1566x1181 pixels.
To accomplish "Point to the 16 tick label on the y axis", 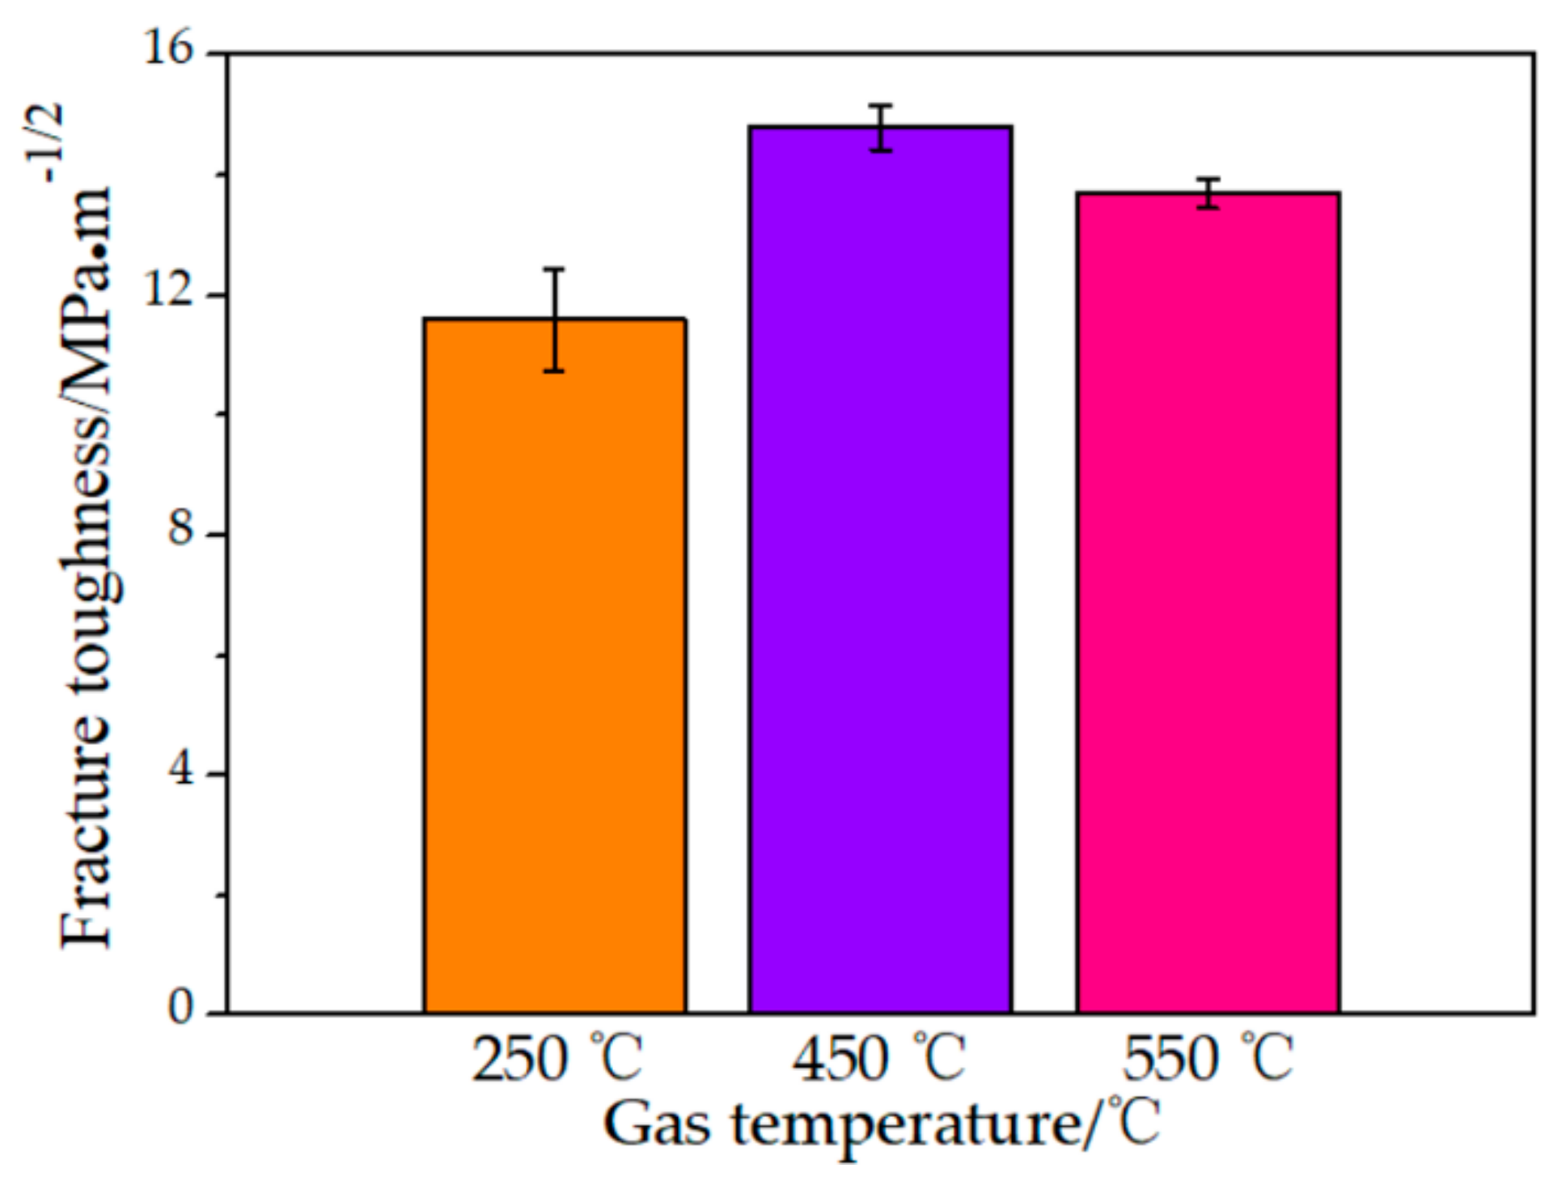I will pyautogui.click(x=170, y=50).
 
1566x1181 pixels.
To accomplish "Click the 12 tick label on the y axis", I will pyautogui.click(x=170, y=291).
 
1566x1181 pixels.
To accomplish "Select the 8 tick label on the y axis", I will pyautogui.click(x=181, y=531).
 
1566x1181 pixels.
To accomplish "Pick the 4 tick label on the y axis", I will pyautogui.click(x=181, y=770).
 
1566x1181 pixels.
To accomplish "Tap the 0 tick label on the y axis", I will pyautogui.click(x=181, y=1009).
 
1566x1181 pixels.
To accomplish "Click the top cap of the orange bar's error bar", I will pyautogui.click(x=554, y=269).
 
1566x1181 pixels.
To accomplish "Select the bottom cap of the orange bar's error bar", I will pyautogui.click(x=554, y=371).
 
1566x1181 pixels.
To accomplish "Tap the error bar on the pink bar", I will pyautogui.click(x=1208, y=193).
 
